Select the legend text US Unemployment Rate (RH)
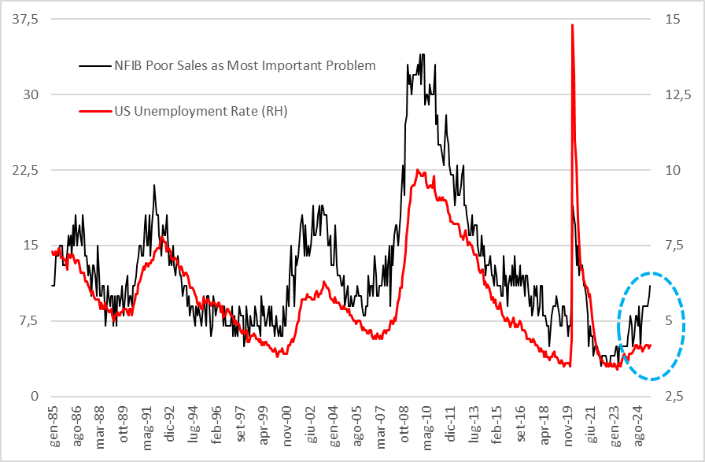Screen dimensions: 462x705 (x=201, y=111)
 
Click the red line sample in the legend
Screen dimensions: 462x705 (x=96, y=111)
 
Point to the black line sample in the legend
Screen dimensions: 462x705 (x=96, y=65)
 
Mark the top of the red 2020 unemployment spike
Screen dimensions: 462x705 (x=572, y=25)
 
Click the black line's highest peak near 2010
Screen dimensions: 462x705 (x=423, y=54)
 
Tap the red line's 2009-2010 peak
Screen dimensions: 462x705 (x=419, y=170)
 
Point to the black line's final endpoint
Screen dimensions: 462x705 (x=651, y=285)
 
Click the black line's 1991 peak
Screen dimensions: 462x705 (x=154, y=185)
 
